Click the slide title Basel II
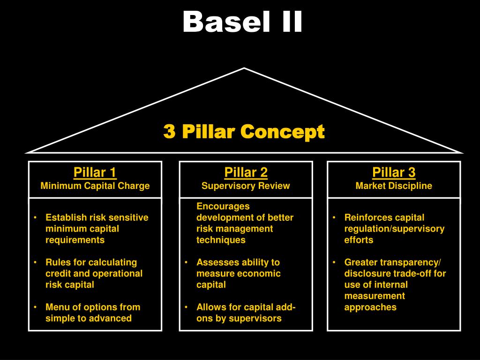(x=243, y=22)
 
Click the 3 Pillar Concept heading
(x=244, y=132)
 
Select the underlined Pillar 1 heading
(x=95, y=172)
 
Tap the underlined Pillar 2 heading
(x=246, y=172)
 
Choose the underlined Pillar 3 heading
(x=394, y=172)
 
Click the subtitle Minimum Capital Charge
(x=95, y=186)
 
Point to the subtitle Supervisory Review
(x=246, y=186)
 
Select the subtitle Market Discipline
(x=394, y=186)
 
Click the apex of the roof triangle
(x=244, y=68)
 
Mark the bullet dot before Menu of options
(x=36, y=307)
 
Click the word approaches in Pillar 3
(x=370, y=307)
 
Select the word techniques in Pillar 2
(x=221, y=240)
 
